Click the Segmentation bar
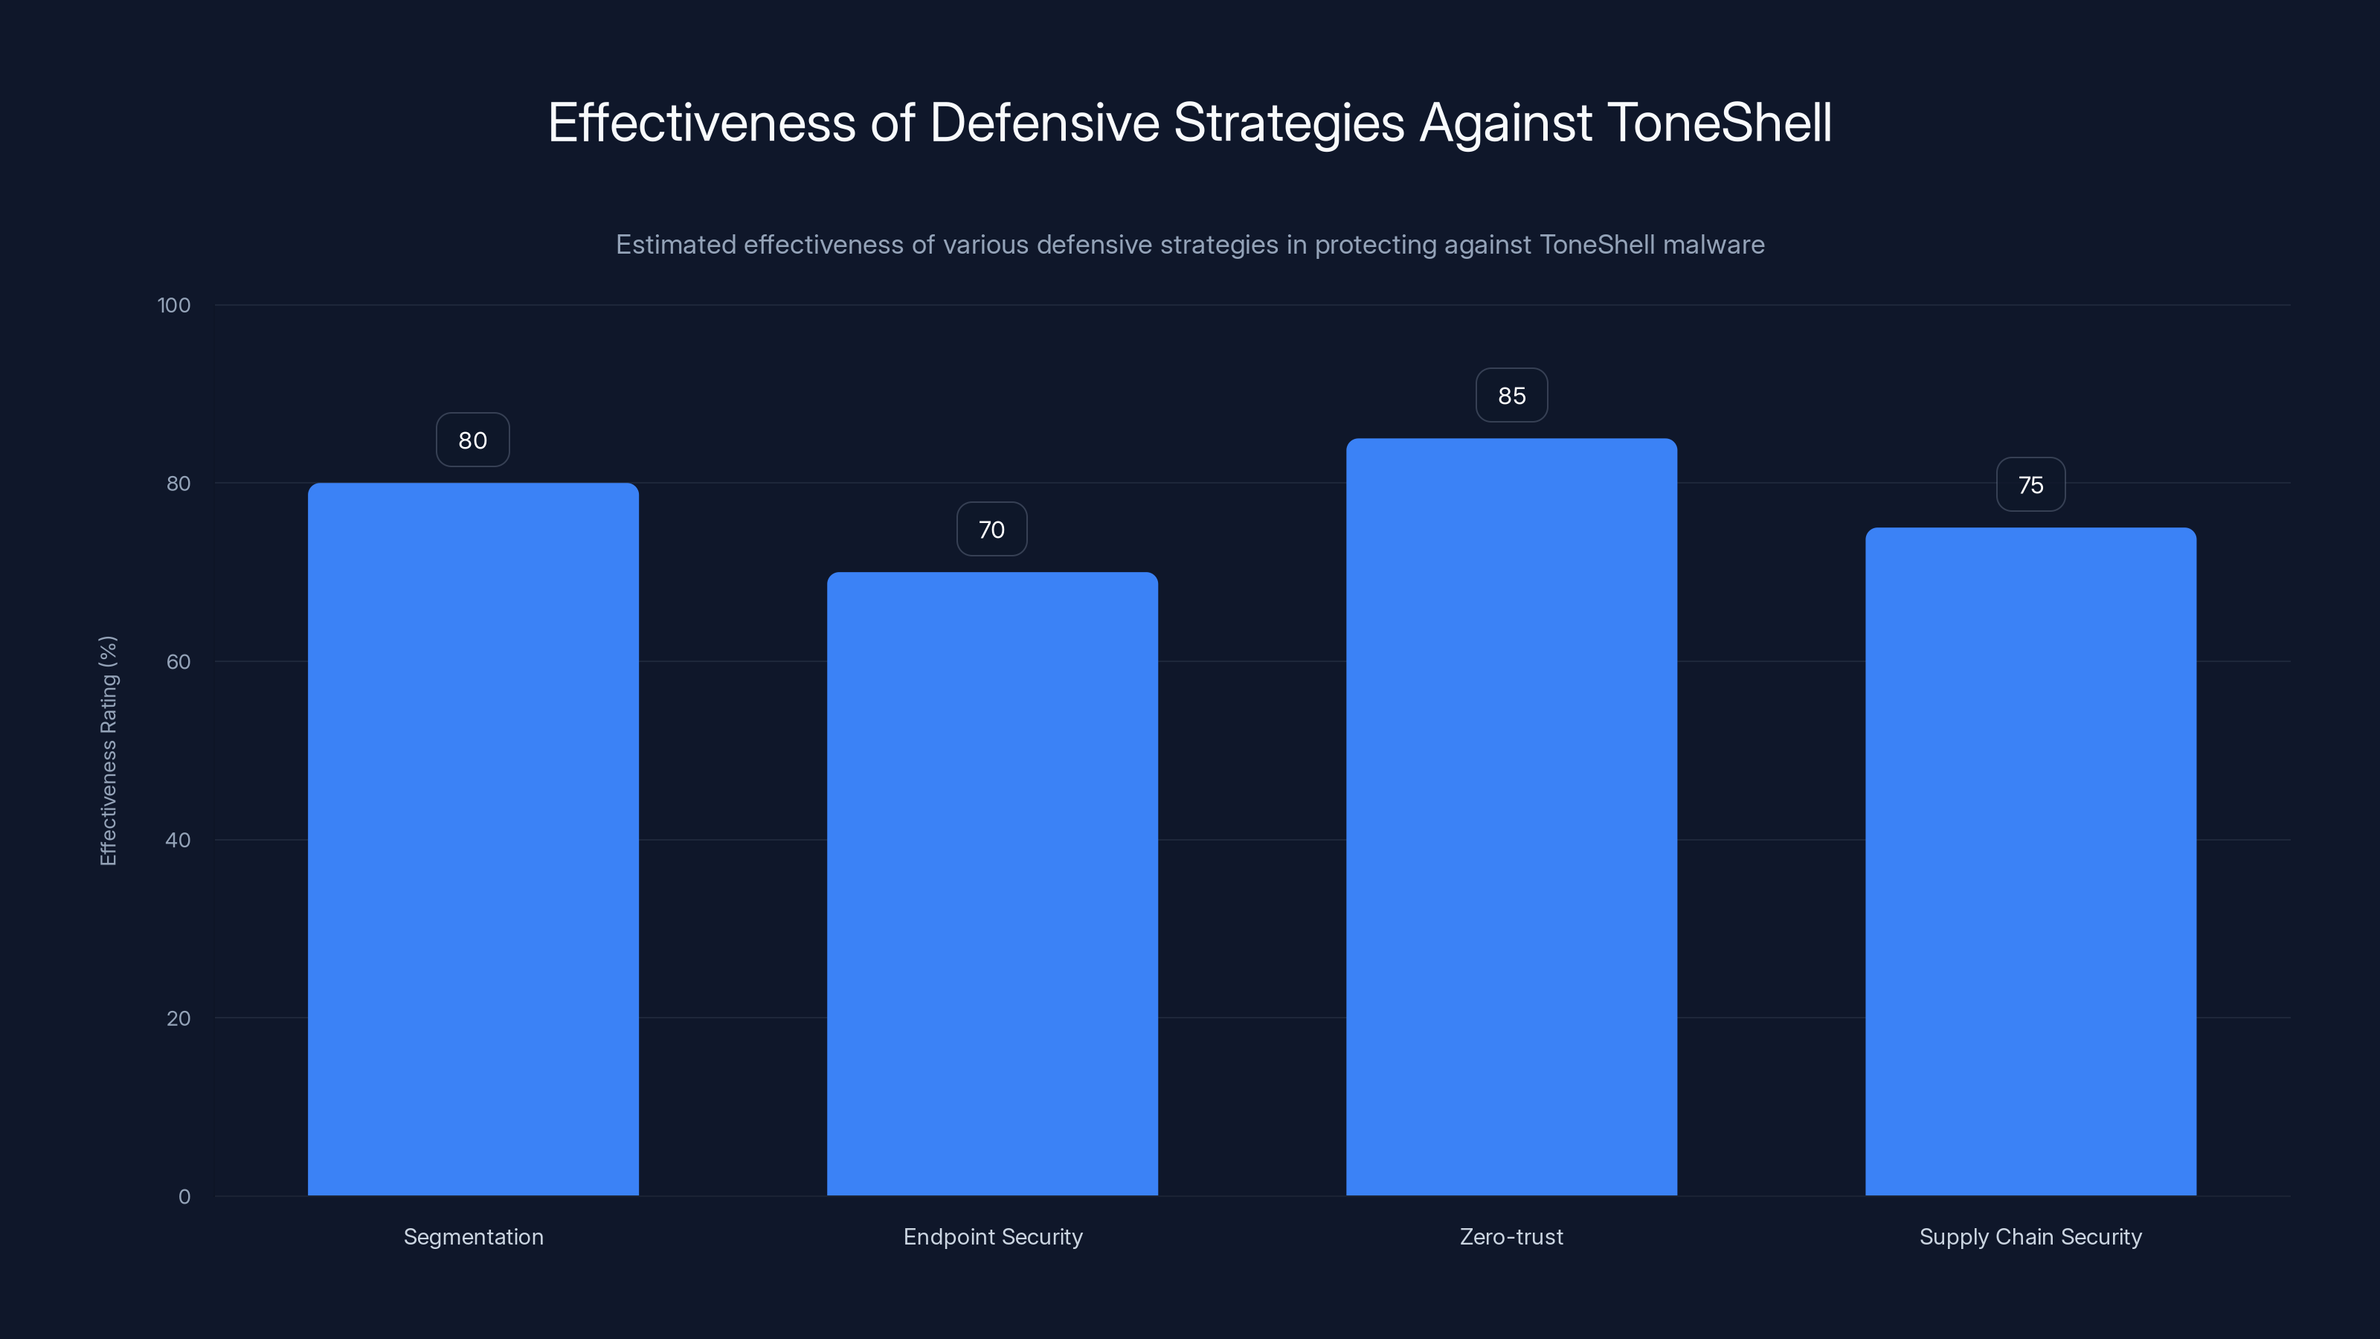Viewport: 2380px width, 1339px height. (473, 839)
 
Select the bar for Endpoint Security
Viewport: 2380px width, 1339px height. (992, 884)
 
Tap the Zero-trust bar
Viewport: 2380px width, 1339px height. (1511, 817)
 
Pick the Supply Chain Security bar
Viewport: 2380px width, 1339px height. (2030, 861)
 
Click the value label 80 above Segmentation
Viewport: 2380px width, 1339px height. (473, 440)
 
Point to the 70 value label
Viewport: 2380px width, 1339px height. (991, 530)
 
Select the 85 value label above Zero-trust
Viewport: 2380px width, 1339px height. (1511, 396)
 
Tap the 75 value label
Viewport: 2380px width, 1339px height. (2030, 485)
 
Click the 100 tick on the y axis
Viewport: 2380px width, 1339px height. (174, 305)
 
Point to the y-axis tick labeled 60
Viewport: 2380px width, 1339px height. (178, 661)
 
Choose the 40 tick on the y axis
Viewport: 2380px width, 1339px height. (178, 840)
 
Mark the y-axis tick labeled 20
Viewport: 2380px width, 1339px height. (178, 1018)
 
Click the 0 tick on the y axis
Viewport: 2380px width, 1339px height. (184, 1197)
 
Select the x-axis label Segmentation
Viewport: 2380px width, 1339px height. (473, 1236)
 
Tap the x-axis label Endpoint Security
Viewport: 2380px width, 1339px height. (992, 1236)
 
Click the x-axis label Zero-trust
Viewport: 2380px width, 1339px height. (1511, 1236)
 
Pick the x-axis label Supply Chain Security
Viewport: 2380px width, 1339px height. (2030, 1236)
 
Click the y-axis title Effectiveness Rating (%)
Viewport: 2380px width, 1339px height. (108, 751)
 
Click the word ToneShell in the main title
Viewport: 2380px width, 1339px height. (1720, 123)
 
